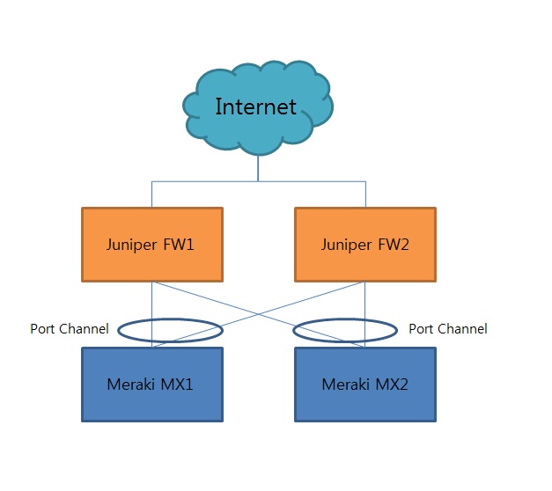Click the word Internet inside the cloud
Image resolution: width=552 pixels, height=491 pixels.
(x=256, y=106)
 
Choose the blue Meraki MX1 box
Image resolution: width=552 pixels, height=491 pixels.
(x=152, y=385)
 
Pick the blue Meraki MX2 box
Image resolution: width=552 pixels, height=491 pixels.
(x=364, y=385)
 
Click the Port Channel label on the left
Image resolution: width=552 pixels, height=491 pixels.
(x=70, y=329)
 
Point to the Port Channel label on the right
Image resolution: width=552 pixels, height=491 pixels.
(x=447, y=329)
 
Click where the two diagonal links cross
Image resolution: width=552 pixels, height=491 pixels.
(x=258, y=314)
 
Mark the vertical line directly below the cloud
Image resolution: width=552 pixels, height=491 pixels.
(x=258, y=167)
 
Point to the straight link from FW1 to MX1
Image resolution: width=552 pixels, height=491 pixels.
(x=152, y=304)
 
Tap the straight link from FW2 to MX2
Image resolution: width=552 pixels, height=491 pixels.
(x=364, y=304)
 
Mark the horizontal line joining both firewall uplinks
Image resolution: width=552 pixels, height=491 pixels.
(x=202, y=182)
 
